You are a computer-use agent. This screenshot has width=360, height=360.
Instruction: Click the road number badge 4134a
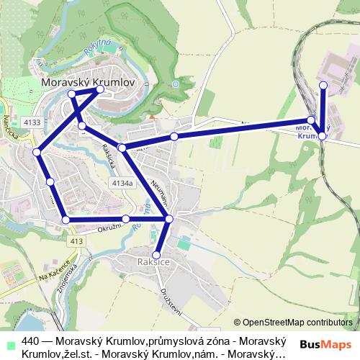pyautogui.click(x=122, y=184)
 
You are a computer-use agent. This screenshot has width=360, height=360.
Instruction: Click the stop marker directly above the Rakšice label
pyautogui.click(x=156, y=254)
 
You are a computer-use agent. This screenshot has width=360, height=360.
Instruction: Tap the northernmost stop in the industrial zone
pyautogui.click(x=323, y=86)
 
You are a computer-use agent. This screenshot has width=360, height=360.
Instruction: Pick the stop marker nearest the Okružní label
pyautogui.click(x=126, y=218)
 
